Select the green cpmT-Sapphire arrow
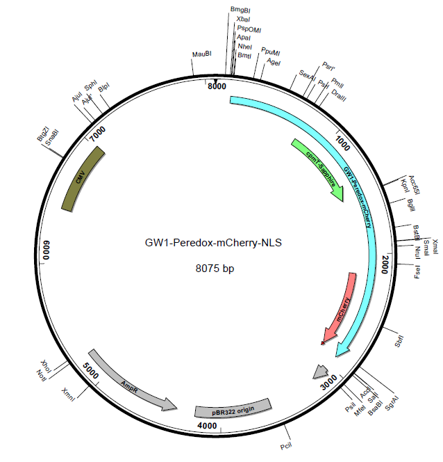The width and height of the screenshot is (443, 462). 319,170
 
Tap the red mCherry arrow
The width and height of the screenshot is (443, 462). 341,307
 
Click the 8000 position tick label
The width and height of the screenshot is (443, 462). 218,86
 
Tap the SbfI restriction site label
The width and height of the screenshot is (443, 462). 399,342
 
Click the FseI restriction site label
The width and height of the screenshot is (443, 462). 417,270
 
